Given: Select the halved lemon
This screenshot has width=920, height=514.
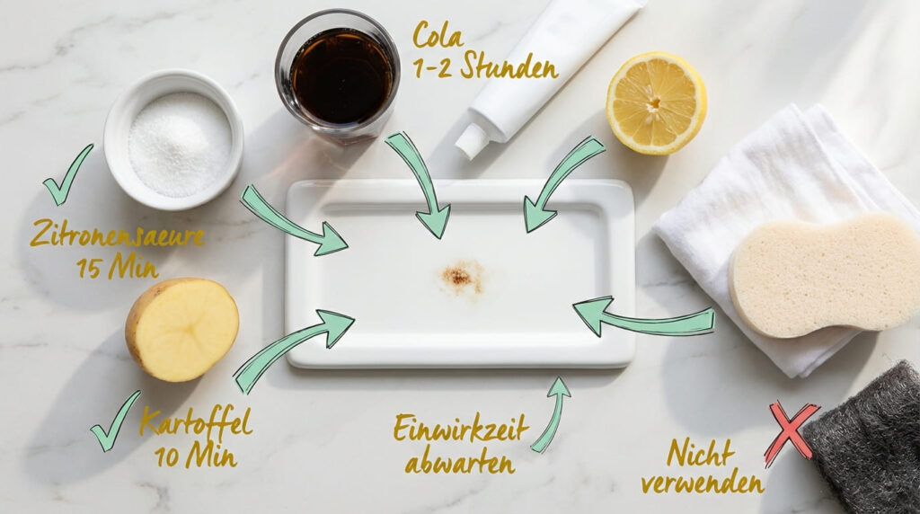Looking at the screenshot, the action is coord(655,103).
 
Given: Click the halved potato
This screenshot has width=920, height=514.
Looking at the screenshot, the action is coord(181,329).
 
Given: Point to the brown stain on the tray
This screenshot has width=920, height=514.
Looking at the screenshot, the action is coord(461,277).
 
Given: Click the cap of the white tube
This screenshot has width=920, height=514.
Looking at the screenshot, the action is coord(473,142).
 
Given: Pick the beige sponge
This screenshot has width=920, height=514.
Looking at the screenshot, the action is coord(824,275).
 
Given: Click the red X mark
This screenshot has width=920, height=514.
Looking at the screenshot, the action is coord(791,432).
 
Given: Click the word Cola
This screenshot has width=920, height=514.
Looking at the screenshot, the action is coord(438,35).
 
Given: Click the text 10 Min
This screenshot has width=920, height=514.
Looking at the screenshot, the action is coord(196,456).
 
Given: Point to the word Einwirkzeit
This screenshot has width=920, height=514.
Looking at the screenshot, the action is coord(461,429).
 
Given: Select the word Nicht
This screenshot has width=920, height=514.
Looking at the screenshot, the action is coord(701,453).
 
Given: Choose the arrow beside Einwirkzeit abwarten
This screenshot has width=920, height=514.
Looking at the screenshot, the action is coord(553,413).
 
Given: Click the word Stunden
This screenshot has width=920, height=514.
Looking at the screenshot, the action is coord(509,67).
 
